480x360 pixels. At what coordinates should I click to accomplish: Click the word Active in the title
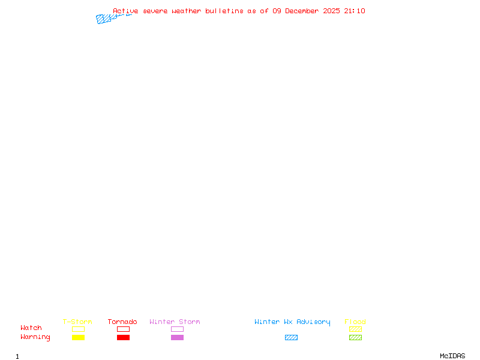125,11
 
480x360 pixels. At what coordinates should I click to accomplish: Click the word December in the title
302,11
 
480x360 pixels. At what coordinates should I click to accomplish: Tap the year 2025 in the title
331,11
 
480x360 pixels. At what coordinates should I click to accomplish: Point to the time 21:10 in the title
355,11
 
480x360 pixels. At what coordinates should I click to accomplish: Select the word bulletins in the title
224,11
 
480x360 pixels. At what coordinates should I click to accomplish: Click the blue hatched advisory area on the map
103,19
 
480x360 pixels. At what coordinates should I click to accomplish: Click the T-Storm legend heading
77,322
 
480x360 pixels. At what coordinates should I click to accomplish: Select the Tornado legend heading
122,322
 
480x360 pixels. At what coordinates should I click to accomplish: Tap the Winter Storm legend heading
175,322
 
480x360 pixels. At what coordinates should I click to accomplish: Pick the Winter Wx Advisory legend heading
292,322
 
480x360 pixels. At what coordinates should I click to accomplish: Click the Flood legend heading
355,322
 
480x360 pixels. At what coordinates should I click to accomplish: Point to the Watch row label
31,328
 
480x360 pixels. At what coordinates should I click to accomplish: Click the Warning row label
35,337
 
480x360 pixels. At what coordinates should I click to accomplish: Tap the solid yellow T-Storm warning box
79,337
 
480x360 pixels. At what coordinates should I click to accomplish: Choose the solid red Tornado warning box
124,337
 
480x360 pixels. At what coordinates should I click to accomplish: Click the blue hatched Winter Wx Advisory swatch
291,337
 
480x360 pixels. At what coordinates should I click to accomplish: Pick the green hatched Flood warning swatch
355,337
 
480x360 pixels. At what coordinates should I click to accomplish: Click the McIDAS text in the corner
452,356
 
